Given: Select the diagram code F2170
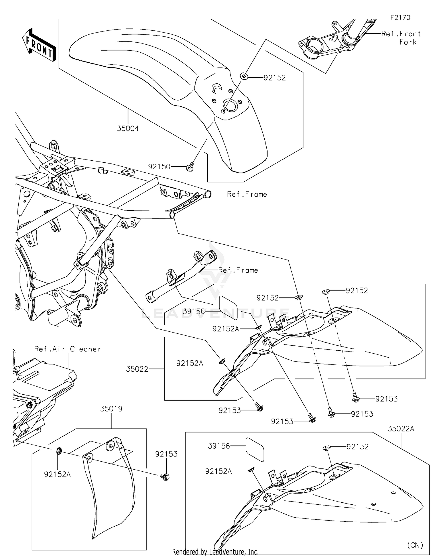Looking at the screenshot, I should click(x=400, y=18).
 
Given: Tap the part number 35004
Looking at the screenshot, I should click(x=128, y=128).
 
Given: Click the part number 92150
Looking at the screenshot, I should click(x=159, y=167).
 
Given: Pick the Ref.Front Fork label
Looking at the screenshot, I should click(x=401, y=38).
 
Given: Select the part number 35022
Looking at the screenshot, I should click(x=137, y=369).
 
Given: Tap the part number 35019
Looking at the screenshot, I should click(x=111, y=408).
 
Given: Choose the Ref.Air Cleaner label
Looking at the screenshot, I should click(x=68, y=349).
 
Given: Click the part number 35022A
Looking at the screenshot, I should click(x=401, y=429).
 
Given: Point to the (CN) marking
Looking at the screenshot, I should click(x=415, y=545).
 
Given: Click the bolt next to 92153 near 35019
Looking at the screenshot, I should click(x=165, y=477).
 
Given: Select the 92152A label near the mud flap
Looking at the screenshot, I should click(x=57, y=474).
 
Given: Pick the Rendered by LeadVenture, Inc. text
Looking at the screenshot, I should click(x=215, y=552).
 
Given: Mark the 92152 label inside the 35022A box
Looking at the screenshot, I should click(x=357, y=447).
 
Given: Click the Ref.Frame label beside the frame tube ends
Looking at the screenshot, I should click(x=247, y=194).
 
